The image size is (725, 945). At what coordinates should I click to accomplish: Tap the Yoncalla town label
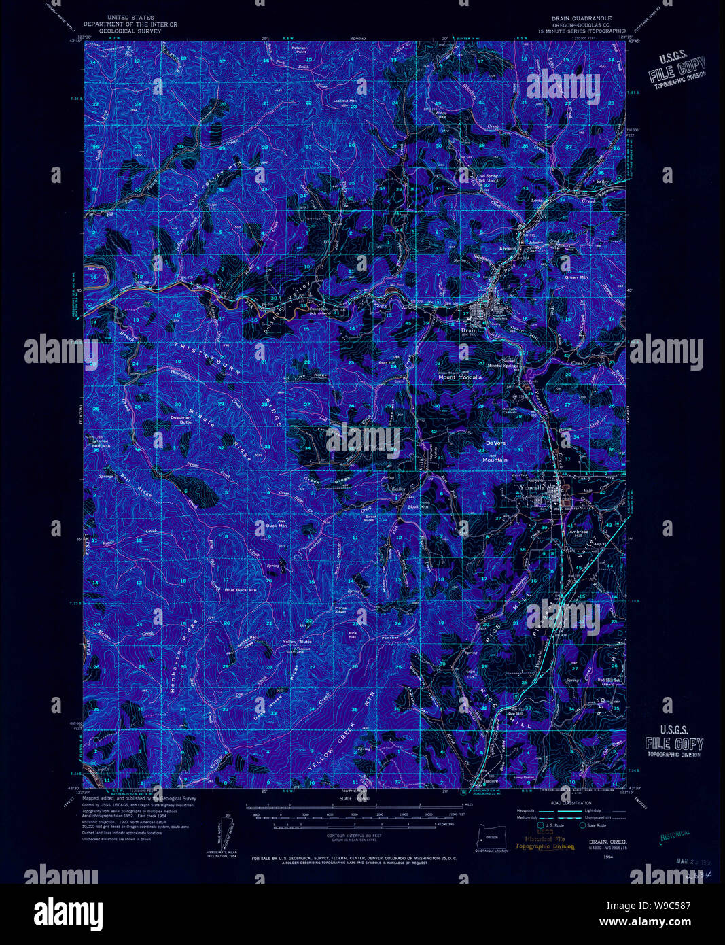click(x=532, y=487)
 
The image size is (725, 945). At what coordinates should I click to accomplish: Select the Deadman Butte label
click(x=181, y=419)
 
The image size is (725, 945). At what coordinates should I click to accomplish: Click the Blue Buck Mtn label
click(x=241, y=590)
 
